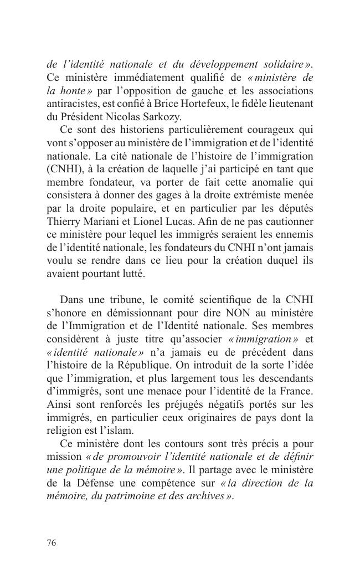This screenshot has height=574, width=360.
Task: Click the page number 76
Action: (x=52, y=543)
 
